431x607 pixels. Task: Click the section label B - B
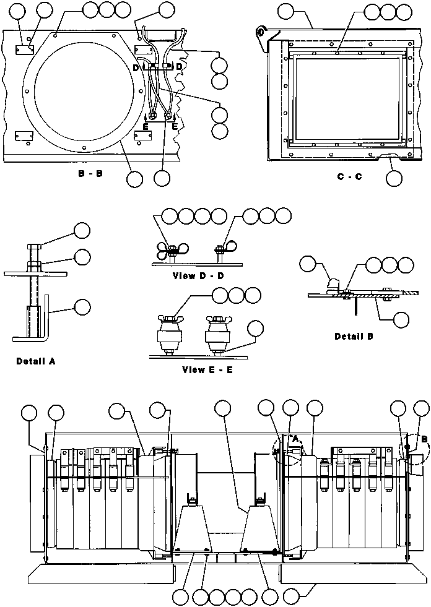coord(90,174)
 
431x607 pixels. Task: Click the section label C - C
coord(350,177)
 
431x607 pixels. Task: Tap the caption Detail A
coord(36,361)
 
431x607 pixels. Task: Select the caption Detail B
coord(354,337)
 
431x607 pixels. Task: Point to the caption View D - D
coord(198,276)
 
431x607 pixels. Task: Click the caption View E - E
coord(207,369)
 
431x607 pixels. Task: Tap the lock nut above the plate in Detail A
coord(33,265)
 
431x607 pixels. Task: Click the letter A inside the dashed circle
coord(295,439)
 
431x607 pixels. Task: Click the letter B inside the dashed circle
coord(424,439)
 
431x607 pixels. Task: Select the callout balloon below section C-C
coord(394,178)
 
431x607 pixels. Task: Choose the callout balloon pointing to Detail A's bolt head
coord(82,231)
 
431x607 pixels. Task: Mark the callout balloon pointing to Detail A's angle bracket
coord(82,307)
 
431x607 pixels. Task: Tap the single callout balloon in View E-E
coord(255,329)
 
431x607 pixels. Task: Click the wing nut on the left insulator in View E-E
coord(168,319)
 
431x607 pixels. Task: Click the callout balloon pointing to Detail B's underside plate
coord(401,319)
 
